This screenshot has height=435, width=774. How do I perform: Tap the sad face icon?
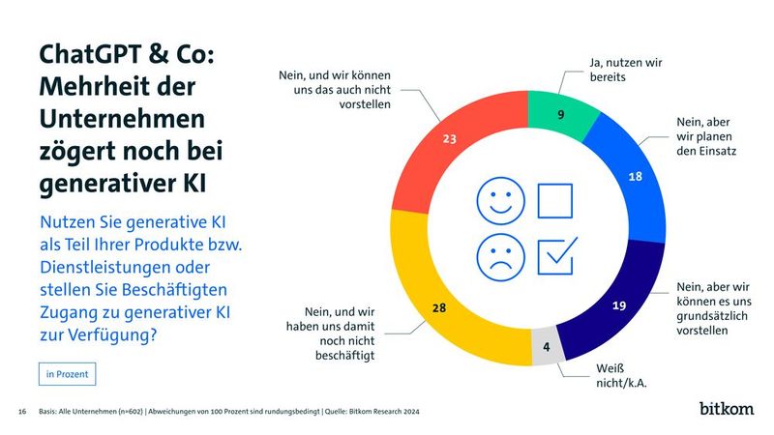pos(499,255)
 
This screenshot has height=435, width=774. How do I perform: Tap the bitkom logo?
pos(727,409)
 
